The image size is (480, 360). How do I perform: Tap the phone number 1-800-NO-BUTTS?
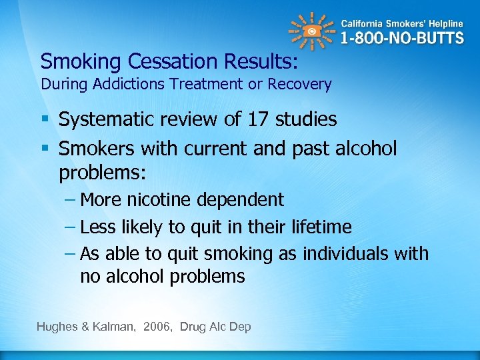click(402, 37)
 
